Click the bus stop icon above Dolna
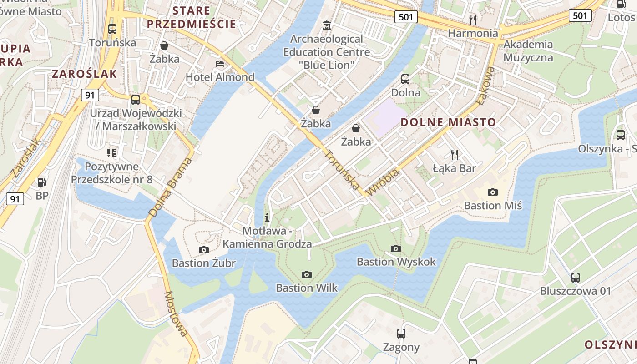(x=405, y=79)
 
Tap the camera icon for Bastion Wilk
(x=307, y=274)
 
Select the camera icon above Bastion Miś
(x=492, y=192)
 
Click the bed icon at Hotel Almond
(x=220, y=64)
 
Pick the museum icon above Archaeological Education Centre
(x=326, y=25)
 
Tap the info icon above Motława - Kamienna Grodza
(x=267, y=217)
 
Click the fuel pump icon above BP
(x=42, y=182)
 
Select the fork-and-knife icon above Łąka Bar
(x=454, y=154)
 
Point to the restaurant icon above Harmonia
(x=473, y=20)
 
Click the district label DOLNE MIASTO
(x=448, y=122)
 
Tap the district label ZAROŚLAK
(x=85, y=74)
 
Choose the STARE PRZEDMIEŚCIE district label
(x=192, y=17)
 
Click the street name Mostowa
(x=176, y=313)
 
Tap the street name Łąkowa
(x=485, y=86)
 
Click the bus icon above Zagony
(x=401, y=334)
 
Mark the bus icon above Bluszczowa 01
(x=576, y=277)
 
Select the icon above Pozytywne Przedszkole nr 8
(x=111, y=152)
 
